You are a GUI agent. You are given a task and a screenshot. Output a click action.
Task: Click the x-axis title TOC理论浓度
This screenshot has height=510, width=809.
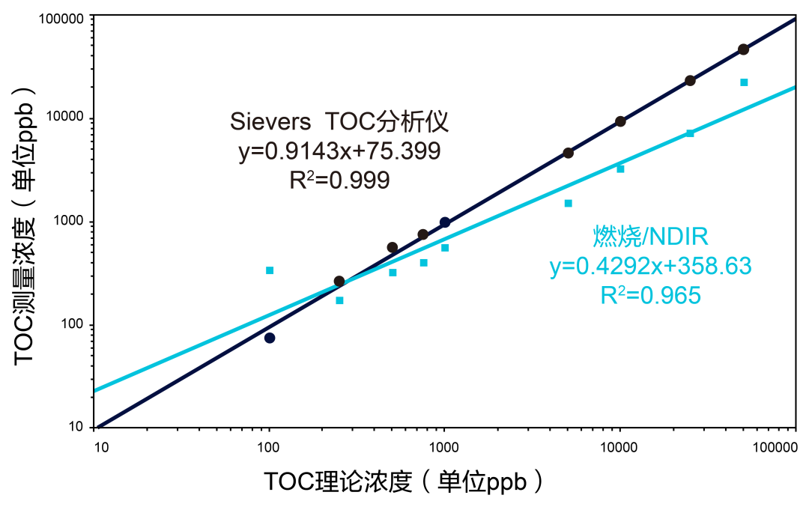(x=403, y=482)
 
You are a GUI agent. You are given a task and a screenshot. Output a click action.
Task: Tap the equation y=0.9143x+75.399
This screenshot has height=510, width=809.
(x=339, y=152)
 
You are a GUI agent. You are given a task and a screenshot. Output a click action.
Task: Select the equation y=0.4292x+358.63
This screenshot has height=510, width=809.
(x=650, y=266)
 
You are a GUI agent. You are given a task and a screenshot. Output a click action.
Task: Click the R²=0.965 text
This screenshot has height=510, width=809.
(x=650, y=295)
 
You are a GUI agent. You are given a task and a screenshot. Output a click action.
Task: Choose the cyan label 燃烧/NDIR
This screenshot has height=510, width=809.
(x=650, y=237)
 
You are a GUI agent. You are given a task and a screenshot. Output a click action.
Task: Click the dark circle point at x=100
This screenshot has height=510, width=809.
(x=270, y=338)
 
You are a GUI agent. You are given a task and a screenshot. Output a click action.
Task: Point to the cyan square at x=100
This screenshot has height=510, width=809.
(x=270, y=270)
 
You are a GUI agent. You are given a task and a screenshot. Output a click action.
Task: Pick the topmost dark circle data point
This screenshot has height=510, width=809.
(x=743, y=49)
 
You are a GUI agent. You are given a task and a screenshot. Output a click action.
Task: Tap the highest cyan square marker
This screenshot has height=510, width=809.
(x=744, y=82)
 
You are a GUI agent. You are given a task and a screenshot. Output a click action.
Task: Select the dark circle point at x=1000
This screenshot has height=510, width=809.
(x=445, y=222)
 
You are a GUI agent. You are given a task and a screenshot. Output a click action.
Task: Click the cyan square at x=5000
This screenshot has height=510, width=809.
(x=569, y=203)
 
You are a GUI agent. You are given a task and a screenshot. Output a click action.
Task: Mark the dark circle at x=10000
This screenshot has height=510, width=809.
(x=620, y=121)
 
